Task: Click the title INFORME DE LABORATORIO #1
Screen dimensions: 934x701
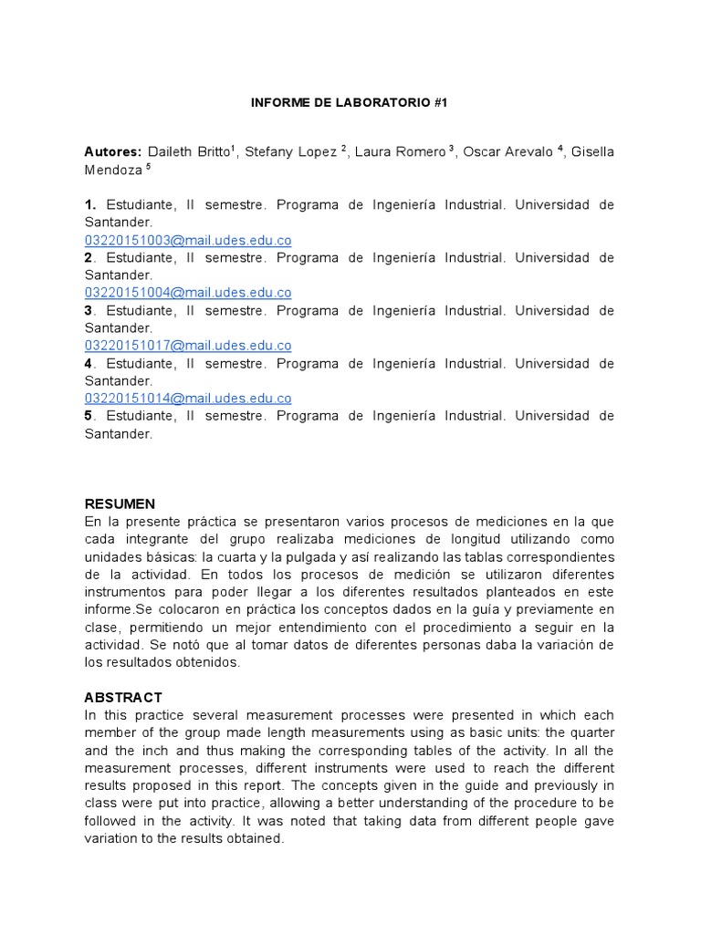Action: tap(350, 104)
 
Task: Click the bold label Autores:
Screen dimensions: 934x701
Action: tap(113, 151)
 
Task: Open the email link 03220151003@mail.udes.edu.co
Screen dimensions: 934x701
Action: tap(188, 241)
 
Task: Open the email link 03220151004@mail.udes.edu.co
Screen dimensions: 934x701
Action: tap(188, 293)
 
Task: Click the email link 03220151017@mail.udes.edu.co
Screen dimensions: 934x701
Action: tap(188, 346)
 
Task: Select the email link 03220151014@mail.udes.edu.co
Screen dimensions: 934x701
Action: tap(188, 399)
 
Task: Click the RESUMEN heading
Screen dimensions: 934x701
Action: tap(120, 503)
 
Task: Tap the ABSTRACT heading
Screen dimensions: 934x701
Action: tap(123, 697)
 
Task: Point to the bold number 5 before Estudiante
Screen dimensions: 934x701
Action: tap(89, 416)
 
